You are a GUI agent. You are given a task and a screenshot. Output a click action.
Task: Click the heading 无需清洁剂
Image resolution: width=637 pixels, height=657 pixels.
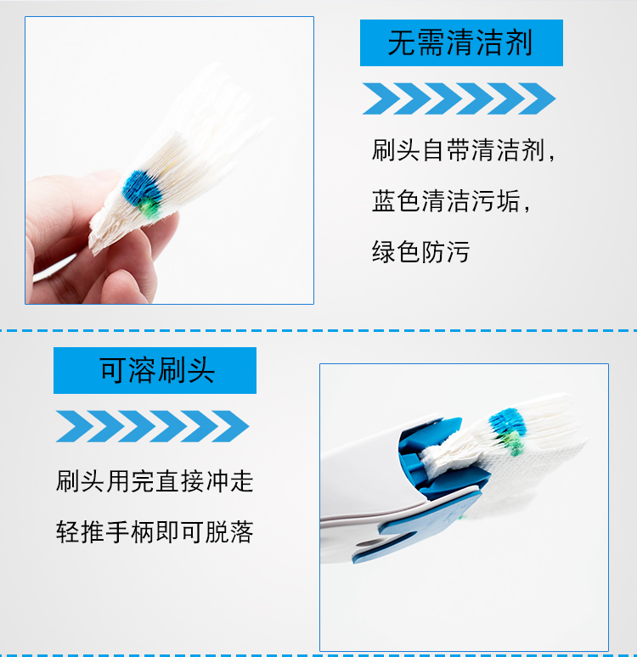point(460,42)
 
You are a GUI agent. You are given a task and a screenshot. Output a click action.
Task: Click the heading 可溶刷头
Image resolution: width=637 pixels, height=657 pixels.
point(157,370)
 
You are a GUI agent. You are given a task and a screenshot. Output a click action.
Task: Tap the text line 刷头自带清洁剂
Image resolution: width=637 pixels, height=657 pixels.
point(463,150)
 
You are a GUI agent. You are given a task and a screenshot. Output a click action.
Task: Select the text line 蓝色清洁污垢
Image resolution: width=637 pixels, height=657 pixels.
point(450,200)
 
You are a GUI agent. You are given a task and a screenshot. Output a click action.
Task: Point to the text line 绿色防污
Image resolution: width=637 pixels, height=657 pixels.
point(420,251)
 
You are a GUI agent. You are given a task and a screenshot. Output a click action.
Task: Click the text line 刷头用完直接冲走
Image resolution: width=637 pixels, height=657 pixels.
point(155,481)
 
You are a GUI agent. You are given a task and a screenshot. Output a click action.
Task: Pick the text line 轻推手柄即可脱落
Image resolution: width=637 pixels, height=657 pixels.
point(155,531)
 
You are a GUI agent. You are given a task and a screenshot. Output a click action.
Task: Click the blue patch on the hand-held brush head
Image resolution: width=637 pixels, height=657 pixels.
point(141,188)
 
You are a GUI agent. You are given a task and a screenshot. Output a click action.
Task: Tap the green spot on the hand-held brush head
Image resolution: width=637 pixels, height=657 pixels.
point(149,208)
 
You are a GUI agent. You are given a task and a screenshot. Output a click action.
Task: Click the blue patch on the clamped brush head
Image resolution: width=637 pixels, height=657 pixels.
point(508,422)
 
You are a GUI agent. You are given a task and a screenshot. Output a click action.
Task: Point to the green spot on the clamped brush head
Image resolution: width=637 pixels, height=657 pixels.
point(513,443)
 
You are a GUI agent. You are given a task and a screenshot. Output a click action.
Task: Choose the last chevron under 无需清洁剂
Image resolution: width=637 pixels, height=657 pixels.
point(537,98)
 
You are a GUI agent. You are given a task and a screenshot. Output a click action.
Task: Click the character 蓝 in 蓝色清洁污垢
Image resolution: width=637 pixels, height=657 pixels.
point(383,200)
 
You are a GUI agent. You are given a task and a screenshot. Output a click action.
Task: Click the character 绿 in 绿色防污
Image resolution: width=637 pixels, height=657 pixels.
point(383,251)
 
